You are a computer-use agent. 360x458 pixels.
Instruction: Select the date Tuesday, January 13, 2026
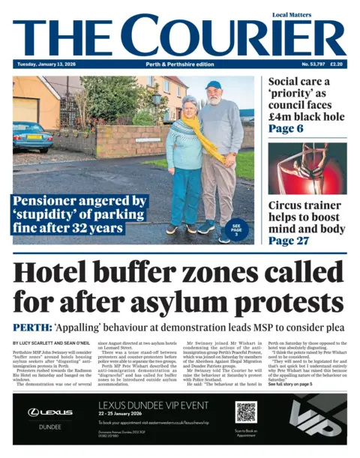[44, 65]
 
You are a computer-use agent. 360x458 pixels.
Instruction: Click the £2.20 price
[337, 65]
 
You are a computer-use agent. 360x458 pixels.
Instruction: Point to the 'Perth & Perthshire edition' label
[180, 65]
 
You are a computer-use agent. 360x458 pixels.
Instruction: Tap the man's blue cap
[214, 85]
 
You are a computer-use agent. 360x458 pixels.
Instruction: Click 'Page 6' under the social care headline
[286, 128]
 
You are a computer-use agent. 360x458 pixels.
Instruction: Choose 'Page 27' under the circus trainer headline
[289, 241]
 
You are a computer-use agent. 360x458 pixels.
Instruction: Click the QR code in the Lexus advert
[246, 412]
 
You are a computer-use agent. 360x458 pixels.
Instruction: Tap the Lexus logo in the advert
[49, 412]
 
